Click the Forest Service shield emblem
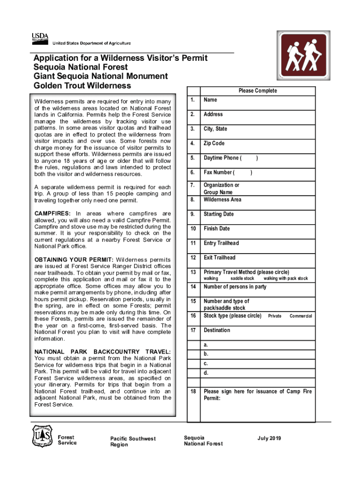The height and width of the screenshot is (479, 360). tap(42, 436)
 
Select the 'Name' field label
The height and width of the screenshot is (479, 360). tap(210, 100)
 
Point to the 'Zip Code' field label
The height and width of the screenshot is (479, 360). tap(214, 143)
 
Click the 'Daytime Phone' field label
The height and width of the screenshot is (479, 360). tap(223, 158)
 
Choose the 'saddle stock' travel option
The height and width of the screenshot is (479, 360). tap(242, 278)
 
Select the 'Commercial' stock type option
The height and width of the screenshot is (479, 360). tap(301, 316)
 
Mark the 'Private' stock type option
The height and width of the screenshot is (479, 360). tap(274, 316)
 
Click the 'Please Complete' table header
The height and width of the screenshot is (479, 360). tap(258, 91)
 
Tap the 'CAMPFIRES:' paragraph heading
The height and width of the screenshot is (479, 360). tap(51, 214)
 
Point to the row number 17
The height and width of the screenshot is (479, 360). tap(193, 330)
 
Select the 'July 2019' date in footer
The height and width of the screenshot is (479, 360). tap(269, 438)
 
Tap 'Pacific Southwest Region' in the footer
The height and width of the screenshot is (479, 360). tap(133, 442)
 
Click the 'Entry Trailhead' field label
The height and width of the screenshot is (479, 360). tap(221, 243)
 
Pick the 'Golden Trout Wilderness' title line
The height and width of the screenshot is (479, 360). tap(82, 86)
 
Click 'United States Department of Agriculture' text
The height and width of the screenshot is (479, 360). tap(92, 43)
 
